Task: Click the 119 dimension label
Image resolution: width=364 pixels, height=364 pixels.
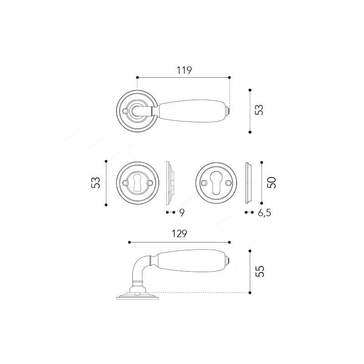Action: [x=184, y=70]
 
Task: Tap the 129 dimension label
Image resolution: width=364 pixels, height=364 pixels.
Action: [x=179, y=234]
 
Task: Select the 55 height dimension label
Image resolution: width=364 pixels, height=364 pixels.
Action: [x=260, y=271]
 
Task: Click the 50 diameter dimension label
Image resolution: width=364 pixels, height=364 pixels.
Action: [x=272, y=182]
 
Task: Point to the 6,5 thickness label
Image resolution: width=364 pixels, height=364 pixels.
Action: [x=264, y=213]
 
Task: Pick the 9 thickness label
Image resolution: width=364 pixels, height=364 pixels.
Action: [x=182, y=212]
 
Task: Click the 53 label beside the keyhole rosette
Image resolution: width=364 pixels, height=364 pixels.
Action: [x=96, y=182]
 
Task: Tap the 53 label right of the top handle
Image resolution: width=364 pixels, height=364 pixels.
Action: [x=259, y=110]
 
